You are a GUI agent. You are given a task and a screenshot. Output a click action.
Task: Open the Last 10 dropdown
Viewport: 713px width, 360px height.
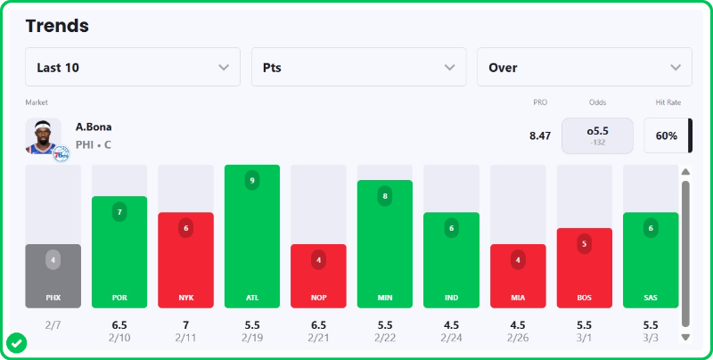pos(133,67)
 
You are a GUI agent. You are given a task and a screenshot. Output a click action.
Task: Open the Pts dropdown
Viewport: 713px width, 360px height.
pos(358,67)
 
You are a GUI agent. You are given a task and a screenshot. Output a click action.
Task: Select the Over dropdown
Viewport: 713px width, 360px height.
pos(584,67)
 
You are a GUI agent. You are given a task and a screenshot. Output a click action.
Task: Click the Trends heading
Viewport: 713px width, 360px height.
pos(57,26)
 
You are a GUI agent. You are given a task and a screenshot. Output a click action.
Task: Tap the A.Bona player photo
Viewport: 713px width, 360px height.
pos(44,136)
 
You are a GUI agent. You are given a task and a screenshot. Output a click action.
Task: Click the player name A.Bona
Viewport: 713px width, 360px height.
pos(94,127)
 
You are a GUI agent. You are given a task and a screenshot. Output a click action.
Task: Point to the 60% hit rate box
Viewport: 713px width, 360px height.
pos(667,136)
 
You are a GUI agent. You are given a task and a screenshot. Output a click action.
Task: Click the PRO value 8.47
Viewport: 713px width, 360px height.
pos(540,136)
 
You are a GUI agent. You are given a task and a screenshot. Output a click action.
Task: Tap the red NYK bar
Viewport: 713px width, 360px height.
pos(185,259)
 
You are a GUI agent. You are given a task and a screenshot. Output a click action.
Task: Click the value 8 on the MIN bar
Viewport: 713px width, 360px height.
pos(384,196)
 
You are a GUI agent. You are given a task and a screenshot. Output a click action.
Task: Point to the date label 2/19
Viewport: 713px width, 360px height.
pos(252,339)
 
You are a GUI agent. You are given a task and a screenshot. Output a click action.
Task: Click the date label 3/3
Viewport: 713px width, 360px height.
pos(651,339)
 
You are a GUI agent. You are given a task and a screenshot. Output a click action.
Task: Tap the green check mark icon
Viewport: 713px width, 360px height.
pos(16,342)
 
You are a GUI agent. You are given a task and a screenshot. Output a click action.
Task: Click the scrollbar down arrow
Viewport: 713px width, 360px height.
pos(685,338)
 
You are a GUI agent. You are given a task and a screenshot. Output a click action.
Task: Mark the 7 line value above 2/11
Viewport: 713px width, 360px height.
pos(185,325)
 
